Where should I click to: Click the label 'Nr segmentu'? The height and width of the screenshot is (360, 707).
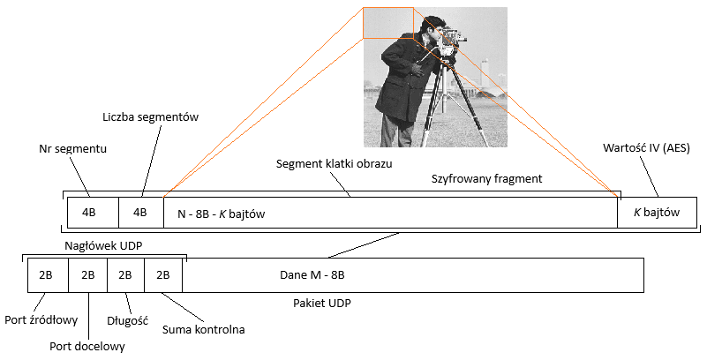tap(73, 148)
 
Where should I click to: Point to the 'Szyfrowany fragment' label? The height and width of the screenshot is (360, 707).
tap(485, 178)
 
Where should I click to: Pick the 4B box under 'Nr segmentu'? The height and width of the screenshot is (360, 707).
tap(89, 214)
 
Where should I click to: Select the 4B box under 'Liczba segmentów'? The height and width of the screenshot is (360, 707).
tap(139, 214)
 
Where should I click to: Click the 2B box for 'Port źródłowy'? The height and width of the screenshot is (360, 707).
tap(48, 274)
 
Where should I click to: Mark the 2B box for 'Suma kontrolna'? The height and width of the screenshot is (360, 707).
tap(163, 274)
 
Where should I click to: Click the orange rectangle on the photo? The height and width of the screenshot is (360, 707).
tap(387, 23)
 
